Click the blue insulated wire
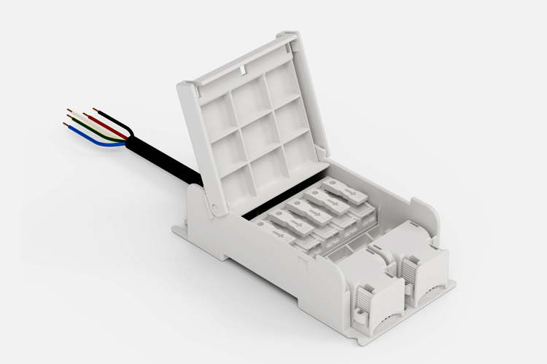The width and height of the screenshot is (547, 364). [98, 141]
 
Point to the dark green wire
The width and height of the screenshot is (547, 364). [95, 132]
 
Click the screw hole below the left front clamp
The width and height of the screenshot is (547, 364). [360, 316]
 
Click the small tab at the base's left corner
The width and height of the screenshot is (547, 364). [177, 232]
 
